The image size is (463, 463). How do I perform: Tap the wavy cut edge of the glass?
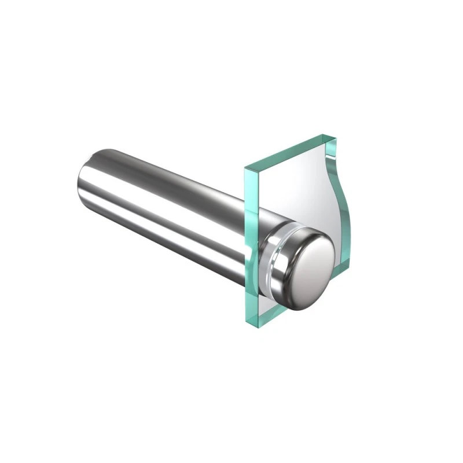pyautogui.click(x=329, y=197)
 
